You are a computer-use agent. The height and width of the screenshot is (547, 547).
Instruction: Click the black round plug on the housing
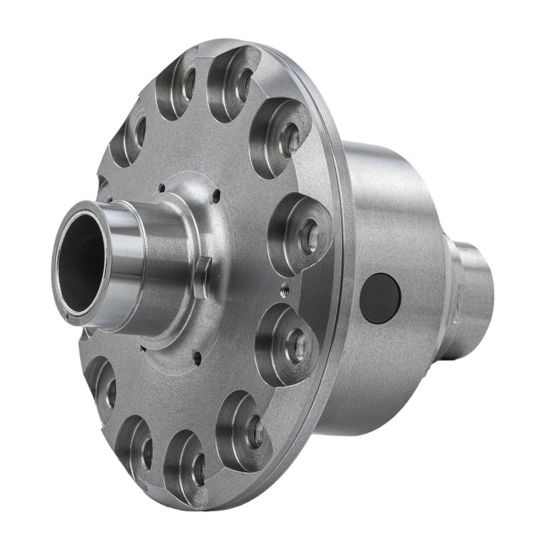(x=379, y=298)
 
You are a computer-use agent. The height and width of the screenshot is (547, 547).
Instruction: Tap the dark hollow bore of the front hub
(x=81, y=262)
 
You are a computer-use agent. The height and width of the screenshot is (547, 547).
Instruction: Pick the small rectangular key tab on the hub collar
(x=201, y=276)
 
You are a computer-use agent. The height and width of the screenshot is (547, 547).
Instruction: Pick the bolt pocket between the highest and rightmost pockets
(x=280, y=137)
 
